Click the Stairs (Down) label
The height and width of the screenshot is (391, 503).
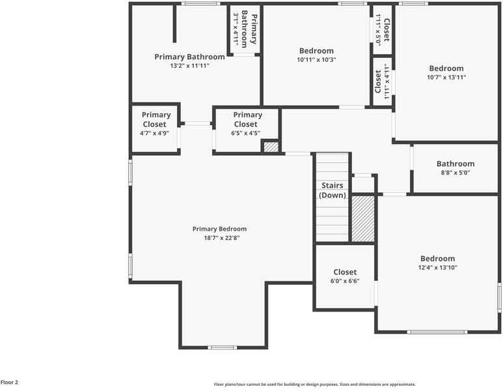(x=333, y=190)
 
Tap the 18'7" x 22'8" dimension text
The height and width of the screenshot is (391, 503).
(x=219, y=238)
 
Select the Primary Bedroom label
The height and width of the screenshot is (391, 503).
(x=219, y=229)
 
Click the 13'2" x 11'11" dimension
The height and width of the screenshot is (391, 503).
(x=189, y=66)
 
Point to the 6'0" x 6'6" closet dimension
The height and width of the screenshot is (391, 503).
(x=345, y=281)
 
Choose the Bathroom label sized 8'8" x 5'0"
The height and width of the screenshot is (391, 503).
(x=455, y=164)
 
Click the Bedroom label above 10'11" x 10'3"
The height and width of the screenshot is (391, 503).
(x=316, y=51)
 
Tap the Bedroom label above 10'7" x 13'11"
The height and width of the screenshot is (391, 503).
(x=446, y=68)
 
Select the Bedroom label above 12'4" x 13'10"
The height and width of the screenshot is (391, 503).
(x=437, y=259)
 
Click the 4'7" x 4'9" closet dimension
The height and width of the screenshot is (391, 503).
(x=155, y=133)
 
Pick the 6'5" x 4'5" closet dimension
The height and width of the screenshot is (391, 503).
(x=245, y=133)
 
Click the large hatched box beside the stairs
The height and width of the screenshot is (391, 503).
(x=363, y=218)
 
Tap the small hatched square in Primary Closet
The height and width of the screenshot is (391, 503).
(x=271, y=147)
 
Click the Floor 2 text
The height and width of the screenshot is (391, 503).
(x=9, y=383)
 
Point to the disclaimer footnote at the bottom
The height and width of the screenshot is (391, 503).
(x=314, y=384)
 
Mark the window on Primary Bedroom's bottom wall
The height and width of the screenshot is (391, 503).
(x=223, y=347)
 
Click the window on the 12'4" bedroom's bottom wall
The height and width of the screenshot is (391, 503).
(x=437, y=332)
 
